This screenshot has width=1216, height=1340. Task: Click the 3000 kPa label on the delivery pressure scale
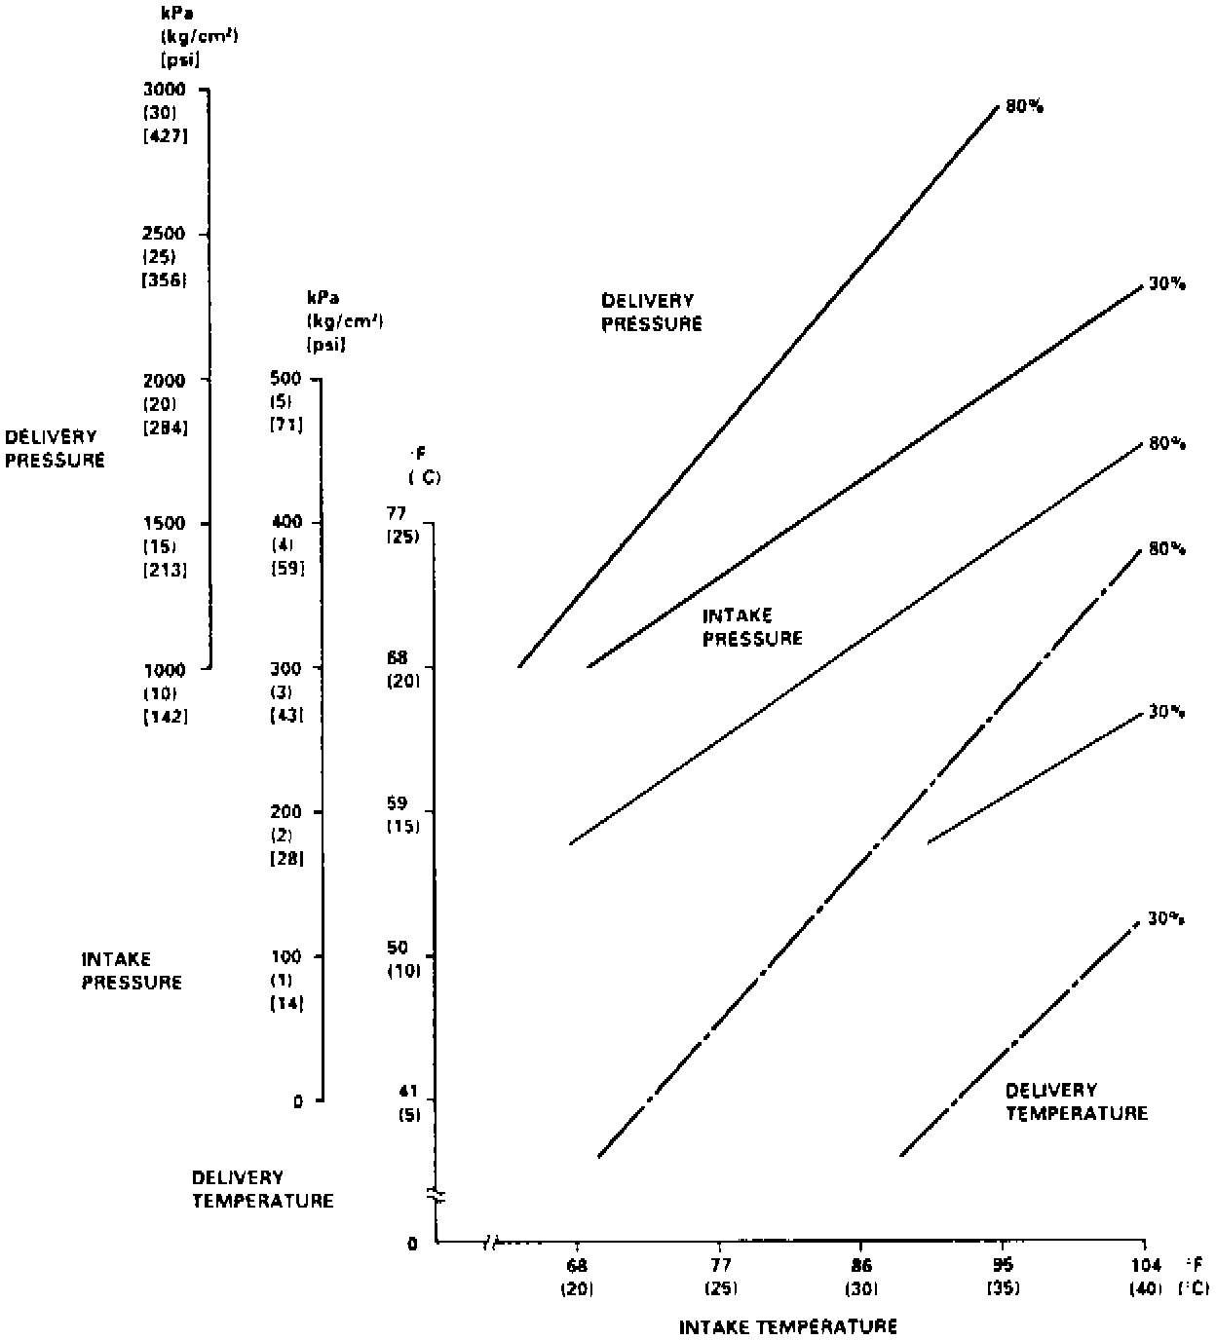click(x=163, y=90)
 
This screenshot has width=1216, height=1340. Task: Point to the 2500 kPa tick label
click(x=163, y=235)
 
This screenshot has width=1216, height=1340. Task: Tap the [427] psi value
click(x=165, y=135)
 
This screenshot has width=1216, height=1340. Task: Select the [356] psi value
click(x=165, y=280)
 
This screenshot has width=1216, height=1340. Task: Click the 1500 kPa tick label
click(x=163, y=524)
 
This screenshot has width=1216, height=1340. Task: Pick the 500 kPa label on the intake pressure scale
click(x=285, y=379)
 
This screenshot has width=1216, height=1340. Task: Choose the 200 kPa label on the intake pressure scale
click(x=285, y=812)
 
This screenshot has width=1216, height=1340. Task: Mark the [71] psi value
click(x=286, y=426)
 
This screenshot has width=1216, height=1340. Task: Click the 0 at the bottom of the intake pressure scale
click(x=298, y=1101)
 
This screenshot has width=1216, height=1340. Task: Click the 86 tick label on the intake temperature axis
click(x=860, y=1266)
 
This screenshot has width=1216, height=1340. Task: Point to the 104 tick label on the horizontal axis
click(x=1145, y=1266)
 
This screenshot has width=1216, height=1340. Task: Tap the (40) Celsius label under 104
click(x=1145, y=1289)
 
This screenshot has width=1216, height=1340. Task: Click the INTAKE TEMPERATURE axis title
click(x=787, y=1326)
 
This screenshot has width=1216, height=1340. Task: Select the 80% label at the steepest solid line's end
click(x=1024, y=107)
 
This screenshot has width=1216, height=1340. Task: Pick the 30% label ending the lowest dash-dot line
click(x=1165, y=918)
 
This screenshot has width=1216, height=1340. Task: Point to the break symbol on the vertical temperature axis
click(x=436, y=1196)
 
